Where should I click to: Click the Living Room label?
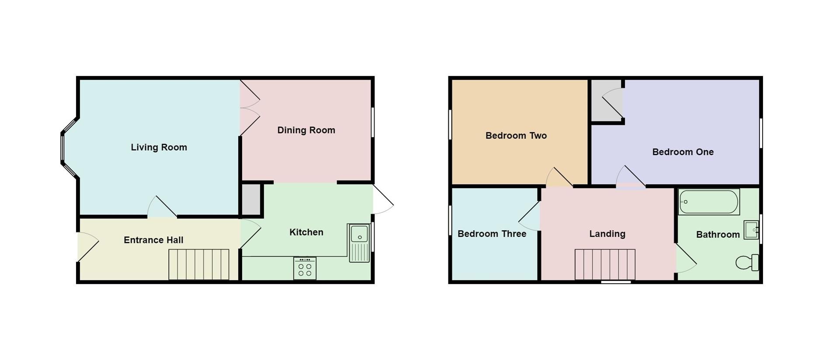159,147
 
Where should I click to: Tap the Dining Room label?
306,130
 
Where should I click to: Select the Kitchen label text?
306,232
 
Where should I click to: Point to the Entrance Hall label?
153,240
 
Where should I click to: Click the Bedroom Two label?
516,135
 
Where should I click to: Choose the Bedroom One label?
683,152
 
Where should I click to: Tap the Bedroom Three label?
492,234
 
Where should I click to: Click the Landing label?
607,234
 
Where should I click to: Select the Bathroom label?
718,235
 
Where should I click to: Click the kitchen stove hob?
305,268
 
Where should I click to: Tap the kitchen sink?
359,243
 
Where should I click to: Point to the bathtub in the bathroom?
708,202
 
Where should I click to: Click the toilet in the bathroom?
747,263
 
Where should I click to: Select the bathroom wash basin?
751,230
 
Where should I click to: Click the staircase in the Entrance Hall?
199,264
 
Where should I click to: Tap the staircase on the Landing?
605,264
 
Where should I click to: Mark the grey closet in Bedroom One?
606,100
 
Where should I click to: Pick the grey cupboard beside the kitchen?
251,200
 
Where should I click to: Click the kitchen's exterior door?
382,200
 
